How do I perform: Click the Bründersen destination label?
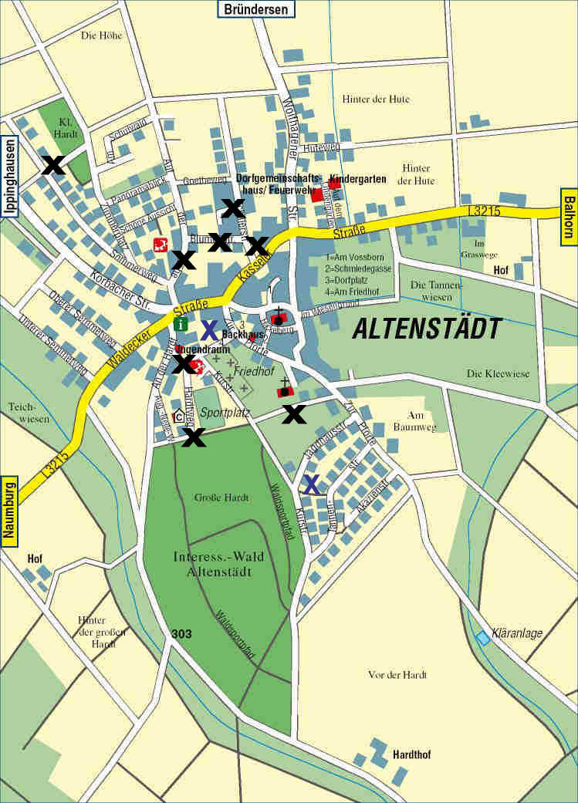255,9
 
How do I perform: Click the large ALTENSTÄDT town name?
427,329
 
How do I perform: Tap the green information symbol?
181,324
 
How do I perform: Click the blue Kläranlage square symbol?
483,637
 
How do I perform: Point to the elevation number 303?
181,634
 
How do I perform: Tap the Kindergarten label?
357,179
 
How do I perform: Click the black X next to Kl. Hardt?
53,165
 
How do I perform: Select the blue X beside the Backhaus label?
209,330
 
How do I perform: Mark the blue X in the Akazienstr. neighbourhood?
311,484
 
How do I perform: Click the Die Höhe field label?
100,35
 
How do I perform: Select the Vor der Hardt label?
397,674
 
